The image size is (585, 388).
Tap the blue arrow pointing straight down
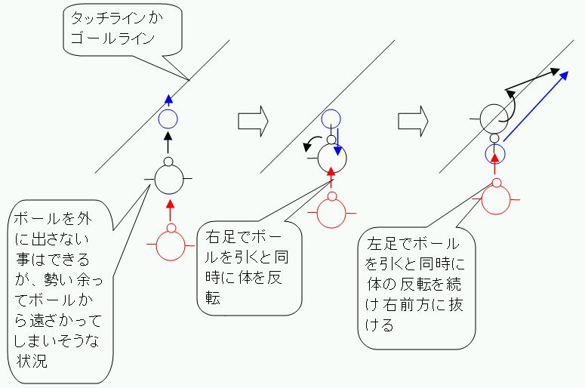[x=337, y=140]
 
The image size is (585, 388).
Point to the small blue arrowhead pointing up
[x=168, y=100]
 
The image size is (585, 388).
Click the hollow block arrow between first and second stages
[x=253, y=120]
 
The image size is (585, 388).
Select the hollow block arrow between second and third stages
[x=413, y=120]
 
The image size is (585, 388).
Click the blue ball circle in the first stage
[x=168, y=118]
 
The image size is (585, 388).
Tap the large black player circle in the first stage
[x=168, y=178]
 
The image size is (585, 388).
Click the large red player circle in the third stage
[x=496, y=199]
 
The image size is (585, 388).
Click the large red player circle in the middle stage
[x=331, y=211]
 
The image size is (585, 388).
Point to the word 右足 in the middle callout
[x=216, y=235]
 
